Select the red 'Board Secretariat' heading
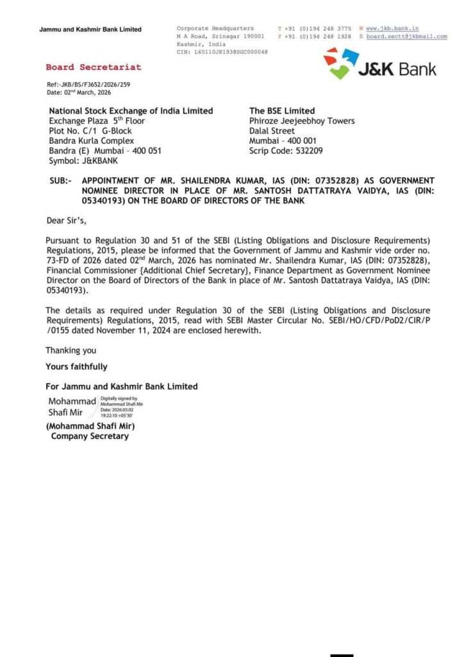(x=94, y=67)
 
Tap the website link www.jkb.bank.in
(x=392, y=28)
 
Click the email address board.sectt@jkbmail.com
(x=406, y=37)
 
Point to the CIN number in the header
(x=222, y=52)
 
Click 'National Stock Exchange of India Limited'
(x=131, y=111)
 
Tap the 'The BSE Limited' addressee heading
(x=282, y=111)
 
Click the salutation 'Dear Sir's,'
(x=67, y=221)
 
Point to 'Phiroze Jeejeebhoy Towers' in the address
(x=302, y=121)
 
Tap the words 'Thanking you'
(x=70, y=350)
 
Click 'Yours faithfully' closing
(x=76, y=367)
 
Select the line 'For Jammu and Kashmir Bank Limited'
(x=122, y=386)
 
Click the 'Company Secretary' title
(x=90, y=436)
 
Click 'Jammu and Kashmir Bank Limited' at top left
(x=90, y=30)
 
